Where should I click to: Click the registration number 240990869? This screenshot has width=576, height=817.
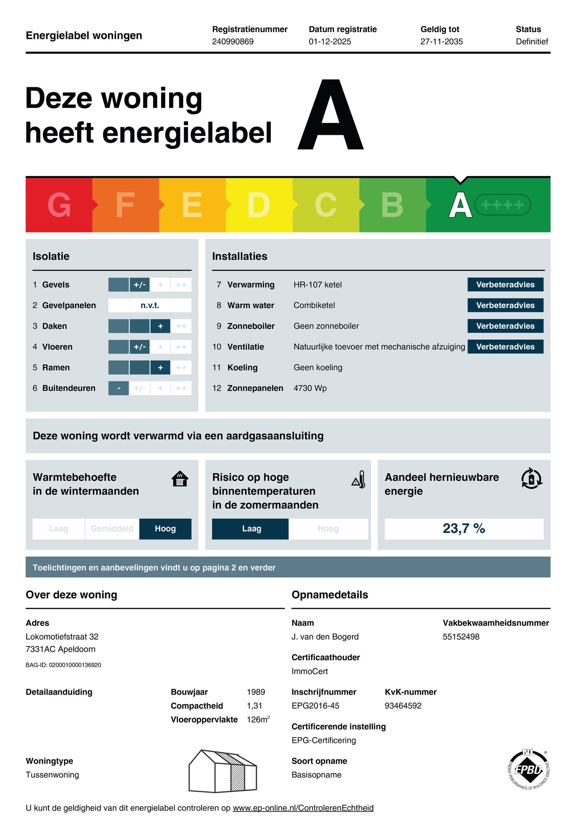click(x=233, y=42)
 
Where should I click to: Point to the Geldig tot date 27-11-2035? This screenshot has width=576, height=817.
click(x=441, y=42)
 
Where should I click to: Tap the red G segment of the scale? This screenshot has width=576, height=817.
click(x=59, y=205)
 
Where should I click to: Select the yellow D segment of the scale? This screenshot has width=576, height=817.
click(x=259, y=205)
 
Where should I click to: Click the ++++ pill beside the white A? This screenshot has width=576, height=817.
click(x=502, y=205)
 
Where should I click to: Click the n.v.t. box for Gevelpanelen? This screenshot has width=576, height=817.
click(x=150, y=305)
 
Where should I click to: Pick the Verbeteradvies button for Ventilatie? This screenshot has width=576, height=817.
click(x=505, y=347)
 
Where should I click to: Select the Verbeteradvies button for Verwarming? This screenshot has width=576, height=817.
click(x=505, y=284)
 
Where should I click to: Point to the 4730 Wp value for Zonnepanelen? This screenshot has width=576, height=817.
click(x=310, y=388)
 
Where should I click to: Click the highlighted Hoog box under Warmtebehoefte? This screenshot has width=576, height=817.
click(x=165, y=529)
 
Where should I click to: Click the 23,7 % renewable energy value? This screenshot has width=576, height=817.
click(x=464, y=529)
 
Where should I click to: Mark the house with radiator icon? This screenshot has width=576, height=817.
click(x=180, y=479)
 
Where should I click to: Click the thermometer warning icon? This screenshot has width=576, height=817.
click(x=359, y=479)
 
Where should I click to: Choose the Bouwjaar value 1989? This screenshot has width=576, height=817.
click(x=256, y=692)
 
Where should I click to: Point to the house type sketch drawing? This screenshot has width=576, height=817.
click(x=222, y=771)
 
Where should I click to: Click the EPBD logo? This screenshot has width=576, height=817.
click(x=528, y=769)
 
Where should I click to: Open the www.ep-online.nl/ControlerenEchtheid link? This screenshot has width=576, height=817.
click(x=303, y=808)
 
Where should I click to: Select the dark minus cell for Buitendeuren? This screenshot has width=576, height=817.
click(x=119, y=388)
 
